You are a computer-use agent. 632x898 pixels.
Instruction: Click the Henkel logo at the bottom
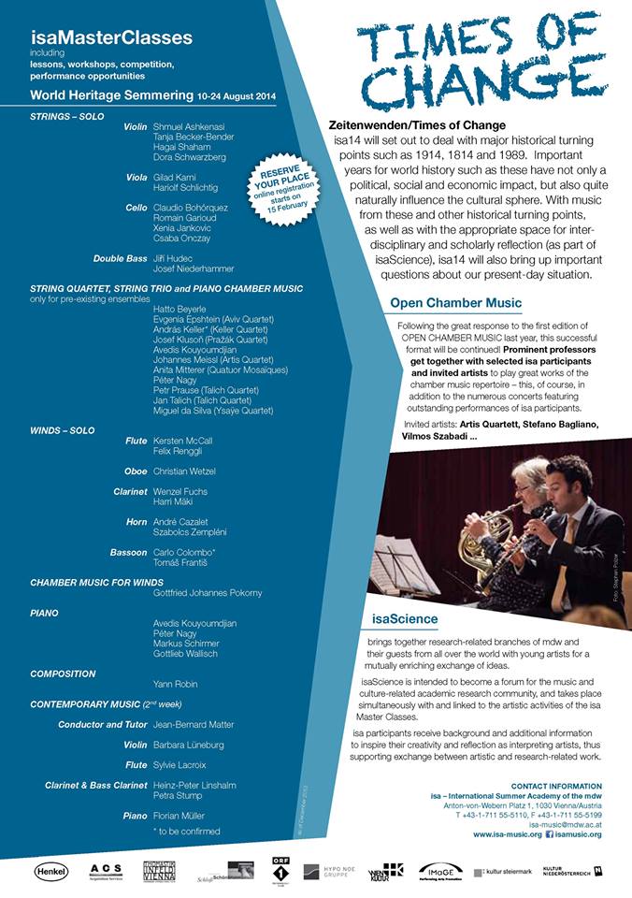point(51,872)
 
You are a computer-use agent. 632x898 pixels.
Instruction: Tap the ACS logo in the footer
point(106,872)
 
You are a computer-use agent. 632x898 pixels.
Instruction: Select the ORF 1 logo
point(278,871)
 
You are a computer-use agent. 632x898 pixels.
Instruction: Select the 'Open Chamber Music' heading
point(455,303)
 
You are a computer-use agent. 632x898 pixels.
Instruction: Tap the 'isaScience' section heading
point(404,619)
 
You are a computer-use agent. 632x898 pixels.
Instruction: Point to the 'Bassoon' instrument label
point(128,553)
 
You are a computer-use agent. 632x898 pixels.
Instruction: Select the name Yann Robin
point(174,683)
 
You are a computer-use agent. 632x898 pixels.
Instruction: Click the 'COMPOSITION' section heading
point(63,673)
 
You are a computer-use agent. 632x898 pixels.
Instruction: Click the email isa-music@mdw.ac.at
point(565,825)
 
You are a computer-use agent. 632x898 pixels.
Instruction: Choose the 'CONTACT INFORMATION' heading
point(556,786)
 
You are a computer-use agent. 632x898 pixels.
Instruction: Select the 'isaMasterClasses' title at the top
point(111,38)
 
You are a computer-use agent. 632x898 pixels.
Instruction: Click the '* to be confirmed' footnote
point(186,831)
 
